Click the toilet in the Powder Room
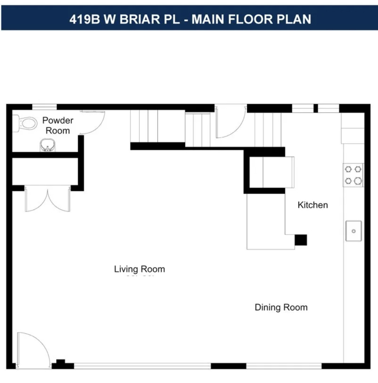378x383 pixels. [27, 123]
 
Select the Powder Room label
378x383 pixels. [58, 126]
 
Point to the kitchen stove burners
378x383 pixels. [353, 175]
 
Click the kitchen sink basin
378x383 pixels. [354, 231]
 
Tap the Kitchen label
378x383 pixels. [312, 205]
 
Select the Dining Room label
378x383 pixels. [281, 307]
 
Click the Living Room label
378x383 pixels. [139, 269]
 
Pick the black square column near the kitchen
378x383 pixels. [301, 240]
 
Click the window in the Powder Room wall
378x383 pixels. [44, 107]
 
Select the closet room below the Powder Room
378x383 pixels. [45, 171]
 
